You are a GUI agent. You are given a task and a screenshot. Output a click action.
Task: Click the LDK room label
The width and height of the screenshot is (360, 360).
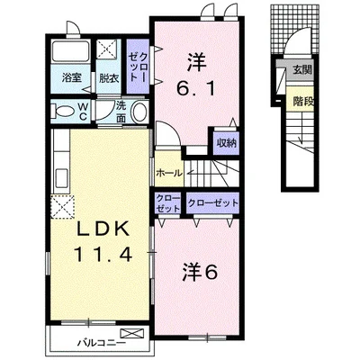[x=103, y=230]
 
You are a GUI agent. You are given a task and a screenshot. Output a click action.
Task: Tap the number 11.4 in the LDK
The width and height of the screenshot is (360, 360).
[x=103, y=255]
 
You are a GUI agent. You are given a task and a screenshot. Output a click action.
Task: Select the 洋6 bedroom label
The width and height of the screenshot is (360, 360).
[x=199, y=273]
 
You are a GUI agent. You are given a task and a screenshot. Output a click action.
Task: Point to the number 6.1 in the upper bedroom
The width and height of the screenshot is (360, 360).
[x=196, y=88]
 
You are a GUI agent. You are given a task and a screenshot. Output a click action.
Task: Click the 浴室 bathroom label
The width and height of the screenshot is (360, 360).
[x=72, y=78]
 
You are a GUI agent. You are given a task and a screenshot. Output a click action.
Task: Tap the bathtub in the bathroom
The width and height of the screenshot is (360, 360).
[x=70, y=50]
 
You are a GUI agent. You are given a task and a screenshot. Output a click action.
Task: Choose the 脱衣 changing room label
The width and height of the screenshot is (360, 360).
[x=109, y=78]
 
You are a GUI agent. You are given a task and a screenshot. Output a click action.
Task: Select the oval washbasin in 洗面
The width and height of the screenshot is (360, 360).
[x=139, y=112]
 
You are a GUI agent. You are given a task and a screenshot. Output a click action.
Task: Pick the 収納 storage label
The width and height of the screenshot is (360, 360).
[x=227, y=143]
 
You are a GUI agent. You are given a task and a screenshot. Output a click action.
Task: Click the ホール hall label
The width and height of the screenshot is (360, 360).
[x=168, y=173]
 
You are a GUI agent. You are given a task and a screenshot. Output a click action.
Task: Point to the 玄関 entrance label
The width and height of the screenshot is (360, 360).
[x=303, y=70]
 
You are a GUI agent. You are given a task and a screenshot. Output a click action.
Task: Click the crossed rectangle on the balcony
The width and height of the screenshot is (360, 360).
[x=131, y=333]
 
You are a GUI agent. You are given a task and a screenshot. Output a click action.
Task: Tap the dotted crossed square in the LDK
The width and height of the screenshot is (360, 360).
[x=62, y=206]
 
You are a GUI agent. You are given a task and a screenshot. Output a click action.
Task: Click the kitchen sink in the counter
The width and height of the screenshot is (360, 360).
[x=61, y=178]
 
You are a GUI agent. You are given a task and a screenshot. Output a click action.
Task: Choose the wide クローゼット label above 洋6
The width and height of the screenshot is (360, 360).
[x=212, y=203]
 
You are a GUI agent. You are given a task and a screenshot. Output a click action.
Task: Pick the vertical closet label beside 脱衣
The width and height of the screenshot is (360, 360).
[x=138, y=67]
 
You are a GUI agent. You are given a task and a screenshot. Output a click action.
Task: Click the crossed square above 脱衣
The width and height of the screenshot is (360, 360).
[x=106, y=49]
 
